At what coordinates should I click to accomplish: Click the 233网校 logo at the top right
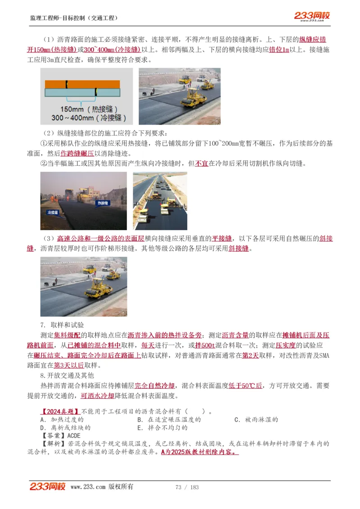click(312, 16)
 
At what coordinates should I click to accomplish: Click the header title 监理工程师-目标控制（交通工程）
click(74, 18)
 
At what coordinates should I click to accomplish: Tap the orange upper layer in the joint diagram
click(82, 84)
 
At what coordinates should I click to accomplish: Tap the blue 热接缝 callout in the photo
click(103, 203)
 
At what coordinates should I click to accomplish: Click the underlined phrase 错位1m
click(279, 49)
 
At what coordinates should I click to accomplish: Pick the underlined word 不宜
click(202, 164)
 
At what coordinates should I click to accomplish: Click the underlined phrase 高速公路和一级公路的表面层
click(100, 238)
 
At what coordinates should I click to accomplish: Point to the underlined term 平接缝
click(222, 238)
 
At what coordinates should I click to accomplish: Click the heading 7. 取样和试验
click(62, 325)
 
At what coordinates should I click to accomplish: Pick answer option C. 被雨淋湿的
click(256, 420)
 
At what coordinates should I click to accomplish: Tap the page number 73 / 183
click(187, 487)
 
